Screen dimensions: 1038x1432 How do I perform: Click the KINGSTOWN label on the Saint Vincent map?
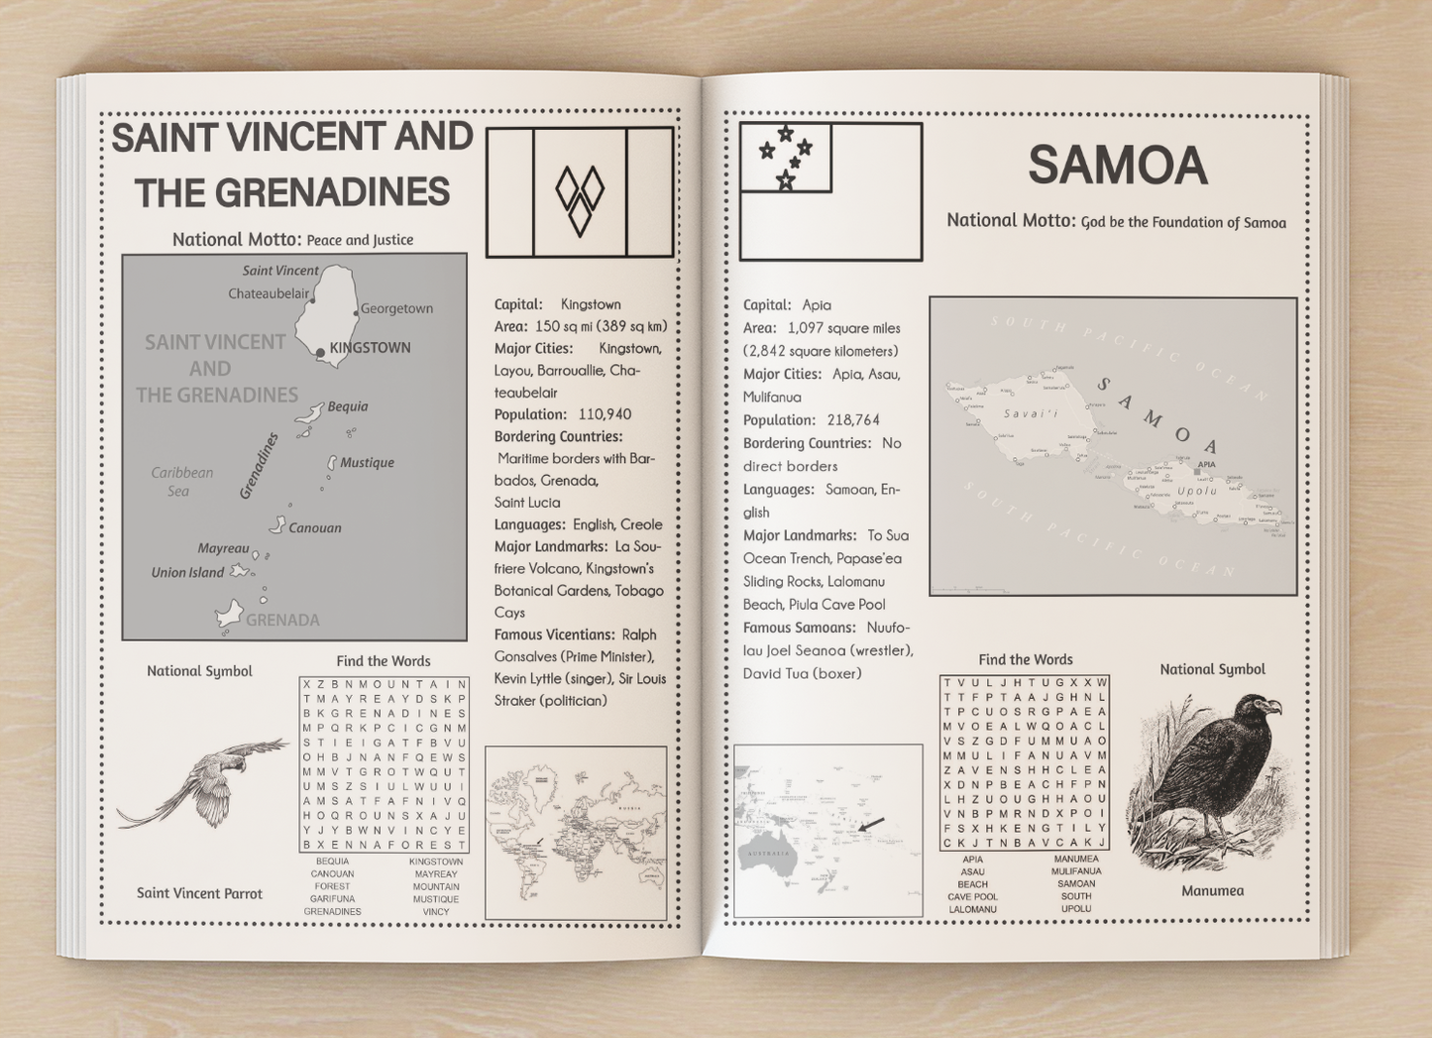[370, 348]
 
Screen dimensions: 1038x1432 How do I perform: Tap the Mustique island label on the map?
[367, 463]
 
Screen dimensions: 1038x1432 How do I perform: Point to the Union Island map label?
[187, 573]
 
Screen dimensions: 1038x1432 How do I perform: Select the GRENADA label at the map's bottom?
[282, 621]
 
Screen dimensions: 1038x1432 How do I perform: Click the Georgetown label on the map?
[396, 308]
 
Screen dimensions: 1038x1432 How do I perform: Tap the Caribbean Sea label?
[181, 482]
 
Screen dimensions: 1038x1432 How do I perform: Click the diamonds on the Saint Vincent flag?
[580, 198]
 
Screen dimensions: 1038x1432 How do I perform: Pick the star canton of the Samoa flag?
[786, 158]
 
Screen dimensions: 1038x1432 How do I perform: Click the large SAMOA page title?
[1117, 166]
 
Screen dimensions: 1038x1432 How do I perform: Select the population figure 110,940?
[605, 414]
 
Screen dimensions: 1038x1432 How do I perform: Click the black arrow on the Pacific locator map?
[871, 824]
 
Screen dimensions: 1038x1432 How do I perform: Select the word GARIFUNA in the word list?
[332, 899]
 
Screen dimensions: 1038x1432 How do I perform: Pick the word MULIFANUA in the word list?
[1076, 871]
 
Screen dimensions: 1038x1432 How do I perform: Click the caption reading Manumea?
[1212, 891]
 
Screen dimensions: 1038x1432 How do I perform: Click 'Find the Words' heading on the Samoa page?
[1025, 660]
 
